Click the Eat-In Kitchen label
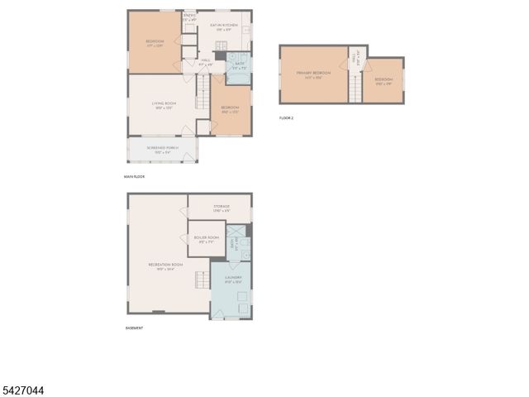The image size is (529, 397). click(223, 27)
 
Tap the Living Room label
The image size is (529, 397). click(162, 105)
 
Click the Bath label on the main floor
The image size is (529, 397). click(239, 65)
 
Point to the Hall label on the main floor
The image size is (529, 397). click(206, 62)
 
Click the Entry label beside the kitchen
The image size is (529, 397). click(189, 17)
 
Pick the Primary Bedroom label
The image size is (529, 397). click(314, 74)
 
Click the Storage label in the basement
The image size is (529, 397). click(221, 208)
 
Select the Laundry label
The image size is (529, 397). click(232, 280)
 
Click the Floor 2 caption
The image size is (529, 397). click(286, 118)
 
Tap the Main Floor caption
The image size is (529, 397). click(133, 177)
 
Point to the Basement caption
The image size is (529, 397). click(134, 328)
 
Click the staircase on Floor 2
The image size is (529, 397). click(356, 87)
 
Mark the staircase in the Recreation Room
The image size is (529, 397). click(201, 280)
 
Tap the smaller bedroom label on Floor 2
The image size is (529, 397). click(384, 81)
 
